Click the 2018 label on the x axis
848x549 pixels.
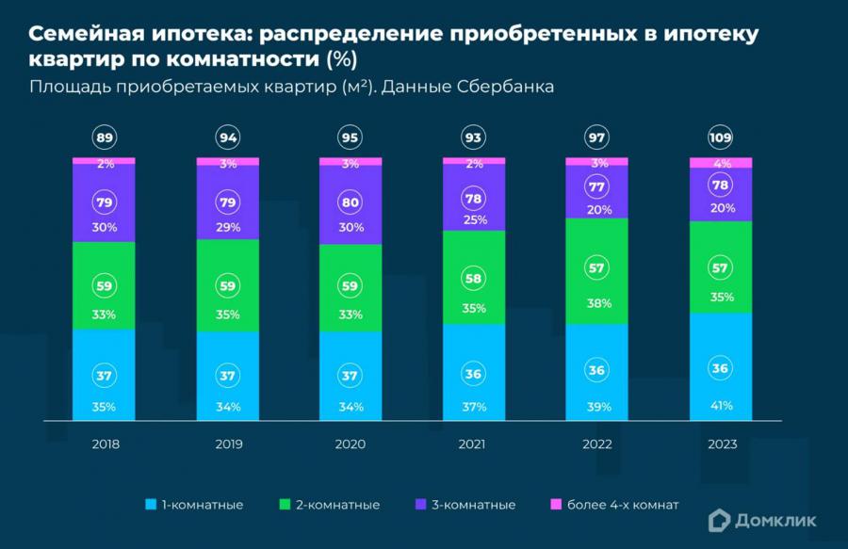click(x=105, y=444)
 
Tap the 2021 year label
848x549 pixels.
click(x=474, y=444)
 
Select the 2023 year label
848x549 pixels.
click(x=721, y=444)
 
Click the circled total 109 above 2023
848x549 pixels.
click(x=721, y=138)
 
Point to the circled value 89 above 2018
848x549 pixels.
click(x=105, y=138)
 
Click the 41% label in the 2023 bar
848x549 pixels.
click(x=721, y=406)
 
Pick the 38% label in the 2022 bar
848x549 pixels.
click(x=597, y=303)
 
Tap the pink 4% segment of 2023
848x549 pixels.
click(x=721, y=163)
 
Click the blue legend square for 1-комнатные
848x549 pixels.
click(x=151, y=505)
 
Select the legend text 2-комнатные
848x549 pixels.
click(x=336, y=505)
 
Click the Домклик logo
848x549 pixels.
click(x=763, y=518)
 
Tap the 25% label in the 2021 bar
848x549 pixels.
click(x=474, y=219)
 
